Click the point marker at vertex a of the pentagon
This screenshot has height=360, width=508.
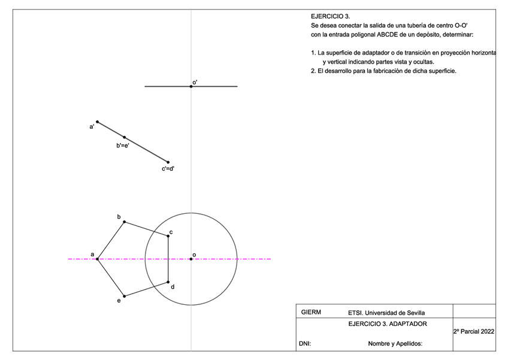click(98, 259)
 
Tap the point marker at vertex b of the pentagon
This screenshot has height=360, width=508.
click(124, 222)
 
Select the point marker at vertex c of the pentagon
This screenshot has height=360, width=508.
click(168, 236)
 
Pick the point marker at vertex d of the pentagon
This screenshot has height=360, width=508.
click(168, 282)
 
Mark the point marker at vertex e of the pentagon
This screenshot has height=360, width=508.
click(124, 296)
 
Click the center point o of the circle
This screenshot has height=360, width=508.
click(191, 259)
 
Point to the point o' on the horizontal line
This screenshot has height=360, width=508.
click(191, 86)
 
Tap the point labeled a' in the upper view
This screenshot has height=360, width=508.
click(98, 122)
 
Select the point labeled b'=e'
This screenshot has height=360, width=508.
click(125, 137)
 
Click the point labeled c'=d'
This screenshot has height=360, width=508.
click(168, 162)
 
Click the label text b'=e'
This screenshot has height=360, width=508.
click(123, 146)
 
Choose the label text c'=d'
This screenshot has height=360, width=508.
click(168, 169)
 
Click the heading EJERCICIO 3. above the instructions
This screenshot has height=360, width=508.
click(330, 16)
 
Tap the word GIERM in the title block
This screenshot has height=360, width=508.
click(311, 312)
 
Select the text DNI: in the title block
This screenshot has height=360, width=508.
click(304, 344)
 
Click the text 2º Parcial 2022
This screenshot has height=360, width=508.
click(473, 331)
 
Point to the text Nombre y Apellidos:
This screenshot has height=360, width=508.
click(395, 344)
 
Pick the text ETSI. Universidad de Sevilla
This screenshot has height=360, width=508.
click(386, 313)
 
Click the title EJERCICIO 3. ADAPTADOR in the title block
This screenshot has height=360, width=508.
click(388, 324)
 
